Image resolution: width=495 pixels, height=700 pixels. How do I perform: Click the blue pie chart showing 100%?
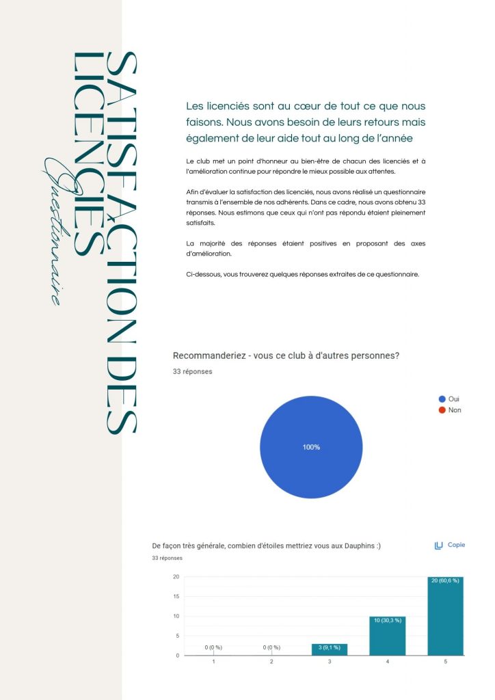pyautogui.click(x=311, y=447)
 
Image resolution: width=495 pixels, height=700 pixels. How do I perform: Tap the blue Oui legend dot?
pyautogui.click(x=442, y=399)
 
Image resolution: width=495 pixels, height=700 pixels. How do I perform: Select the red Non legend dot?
pyautogui.click(x=442, y=410)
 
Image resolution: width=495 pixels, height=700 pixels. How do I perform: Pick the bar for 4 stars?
pyautogui.click(x=387, y=636)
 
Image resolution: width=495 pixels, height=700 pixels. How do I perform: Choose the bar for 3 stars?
pyautogui.click(x=330, y=649)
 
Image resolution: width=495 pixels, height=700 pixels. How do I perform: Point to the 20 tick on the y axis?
pyautogui.click(x=176, y=576)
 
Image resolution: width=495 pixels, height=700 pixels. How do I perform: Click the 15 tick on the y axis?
pyautogui.click(x=176, y=596)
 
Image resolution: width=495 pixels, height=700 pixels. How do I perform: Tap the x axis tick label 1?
pyautogui.click(x=214, y=662)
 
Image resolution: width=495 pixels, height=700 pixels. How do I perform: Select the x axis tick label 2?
pyautogui.click(x=272, y=662)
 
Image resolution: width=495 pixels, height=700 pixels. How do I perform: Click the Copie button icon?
pyautogui.click(x=439, y=546)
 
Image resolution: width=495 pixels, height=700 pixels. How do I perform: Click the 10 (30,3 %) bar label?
pyautogui.click(x=387, y=620)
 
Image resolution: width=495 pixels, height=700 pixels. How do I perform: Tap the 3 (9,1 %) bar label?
pyautogui.click(x=330, y=647)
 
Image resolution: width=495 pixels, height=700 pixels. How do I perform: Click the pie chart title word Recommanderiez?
pyautogui.click(x=209, y=355)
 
